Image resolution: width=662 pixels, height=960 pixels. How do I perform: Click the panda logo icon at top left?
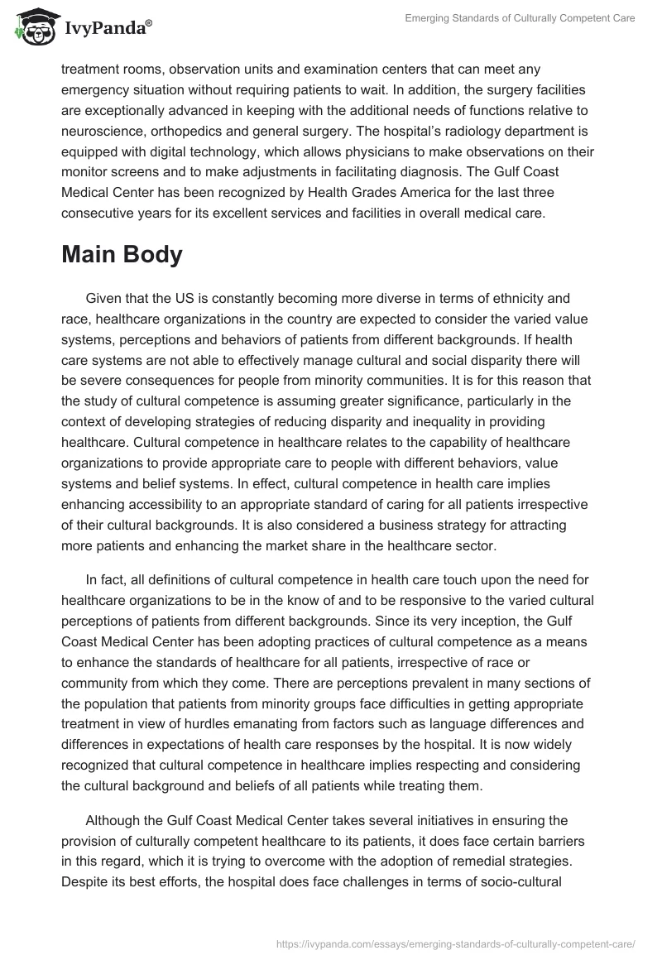32,26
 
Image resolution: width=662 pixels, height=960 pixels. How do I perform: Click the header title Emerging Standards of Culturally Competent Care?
520,18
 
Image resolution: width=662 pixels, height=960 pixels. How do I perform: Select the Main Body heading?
122,255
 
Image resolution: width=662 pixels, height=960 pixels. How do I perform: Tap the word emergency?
103,88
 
